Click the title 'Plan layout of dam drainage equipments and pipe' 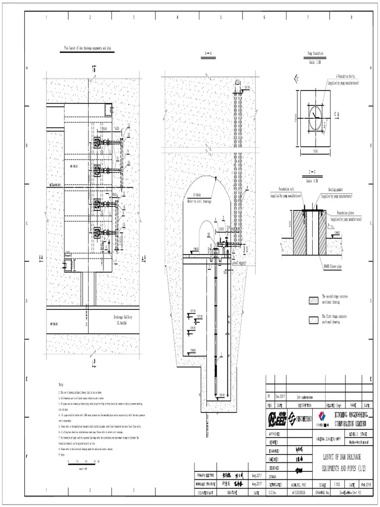click(x=92, y=49)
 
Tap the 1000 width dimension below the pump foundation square click(x=312, y=151)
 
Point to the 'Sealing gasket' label click(x=331, y=189)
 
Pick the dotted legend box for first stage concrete click(x=313, y=319)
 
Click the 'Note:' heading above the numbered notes click(x=61, y=384)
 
